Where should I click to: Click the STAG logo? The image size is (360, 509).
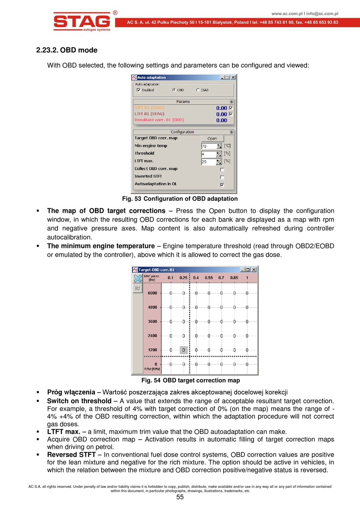[x=82, y=21]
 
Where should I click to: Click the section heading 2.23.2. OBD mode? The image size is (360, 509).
[x=67, y=50]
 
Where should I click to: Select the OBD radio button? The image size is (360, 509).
[x=174, y=90]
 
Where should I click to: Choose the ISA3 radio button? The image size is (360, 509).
[x=198, y=90]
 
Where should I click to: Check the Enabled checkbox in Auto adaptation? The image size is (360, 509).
[x=139, y=90]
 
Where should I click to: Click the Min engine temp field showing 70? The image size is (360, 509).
[x=208, y=146]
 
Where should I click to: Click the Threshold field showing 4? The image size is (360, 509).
[x=208, y=154]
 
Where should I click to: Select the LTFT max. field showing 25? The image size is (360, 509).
[x=208, y=162]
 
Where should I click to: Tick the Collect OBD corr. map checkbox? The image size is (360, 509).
[x=222, y=170]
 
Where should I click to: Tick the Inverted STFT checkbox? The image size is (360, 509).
[x=222, y=177]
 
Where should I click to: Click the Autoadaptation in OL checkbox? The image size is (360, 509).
[x=222, y=185]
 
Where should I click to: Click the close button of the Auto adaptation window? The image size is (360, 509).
[x=233, y=77]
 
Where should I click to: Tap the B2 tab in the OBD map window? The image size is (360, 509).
[x=138, y=289]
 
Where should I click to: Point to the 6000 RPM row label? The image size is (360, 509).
[x=152, y=293]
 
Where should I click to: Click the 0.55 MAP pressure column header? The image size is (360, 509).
[x=209, y=278]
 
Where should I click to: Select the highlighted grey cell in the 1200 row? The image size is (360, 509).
[x=183, y=350]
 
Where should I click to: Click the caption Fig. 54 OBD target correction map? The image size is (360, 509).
[x=191, y=380]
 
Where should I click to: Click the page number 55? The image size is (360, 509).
[x=180, y=497]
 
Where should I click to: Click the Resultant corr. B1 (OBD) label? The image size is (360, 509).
[x=159, y=120]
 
